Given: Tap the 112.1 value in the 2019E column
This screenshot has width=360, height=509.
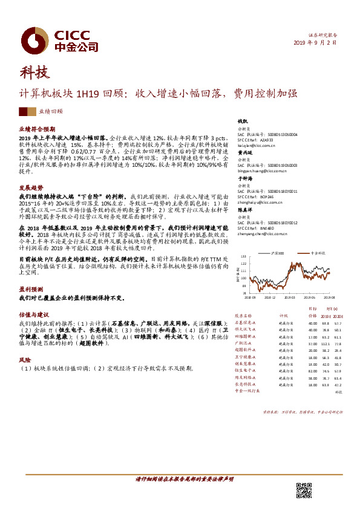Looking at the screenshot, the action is click(326, 343).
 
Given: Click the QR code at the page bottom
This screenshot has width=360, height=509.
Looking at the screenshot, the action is click(303, 491).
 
